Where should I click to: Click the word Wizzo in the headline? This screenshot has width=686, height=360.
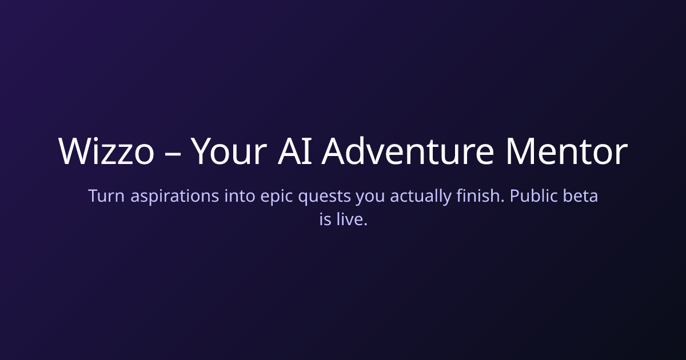(x=106, y=151)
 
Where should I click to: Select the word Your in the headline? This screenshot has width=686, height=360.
(x=229, y=151)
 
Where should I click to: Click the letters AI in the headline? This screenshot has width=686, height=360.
(x=294, y=151)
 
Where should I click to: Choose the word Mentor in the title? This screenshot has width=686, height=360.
(x=567, y=151)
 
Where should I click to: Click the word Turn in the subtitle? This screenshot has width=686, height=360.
(x=106, y=196)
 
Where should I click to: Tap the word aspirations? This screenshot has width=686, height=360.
(x=174, y=197)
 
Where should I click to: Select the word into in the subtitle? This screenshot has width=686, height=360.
(x=240, y=195)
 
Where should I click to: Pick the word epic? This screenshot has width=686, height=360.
(x=277, y=197)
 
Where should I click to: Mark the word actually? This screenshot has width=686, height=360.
(x=421, y=197)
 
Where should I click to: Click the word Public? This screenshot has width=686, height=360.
(x=533, y=195)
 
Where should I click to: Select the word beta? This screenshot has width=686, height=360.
(x=580, y=195)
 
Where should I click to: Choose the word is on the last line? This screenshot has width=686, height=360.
(x=325, y=219)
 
